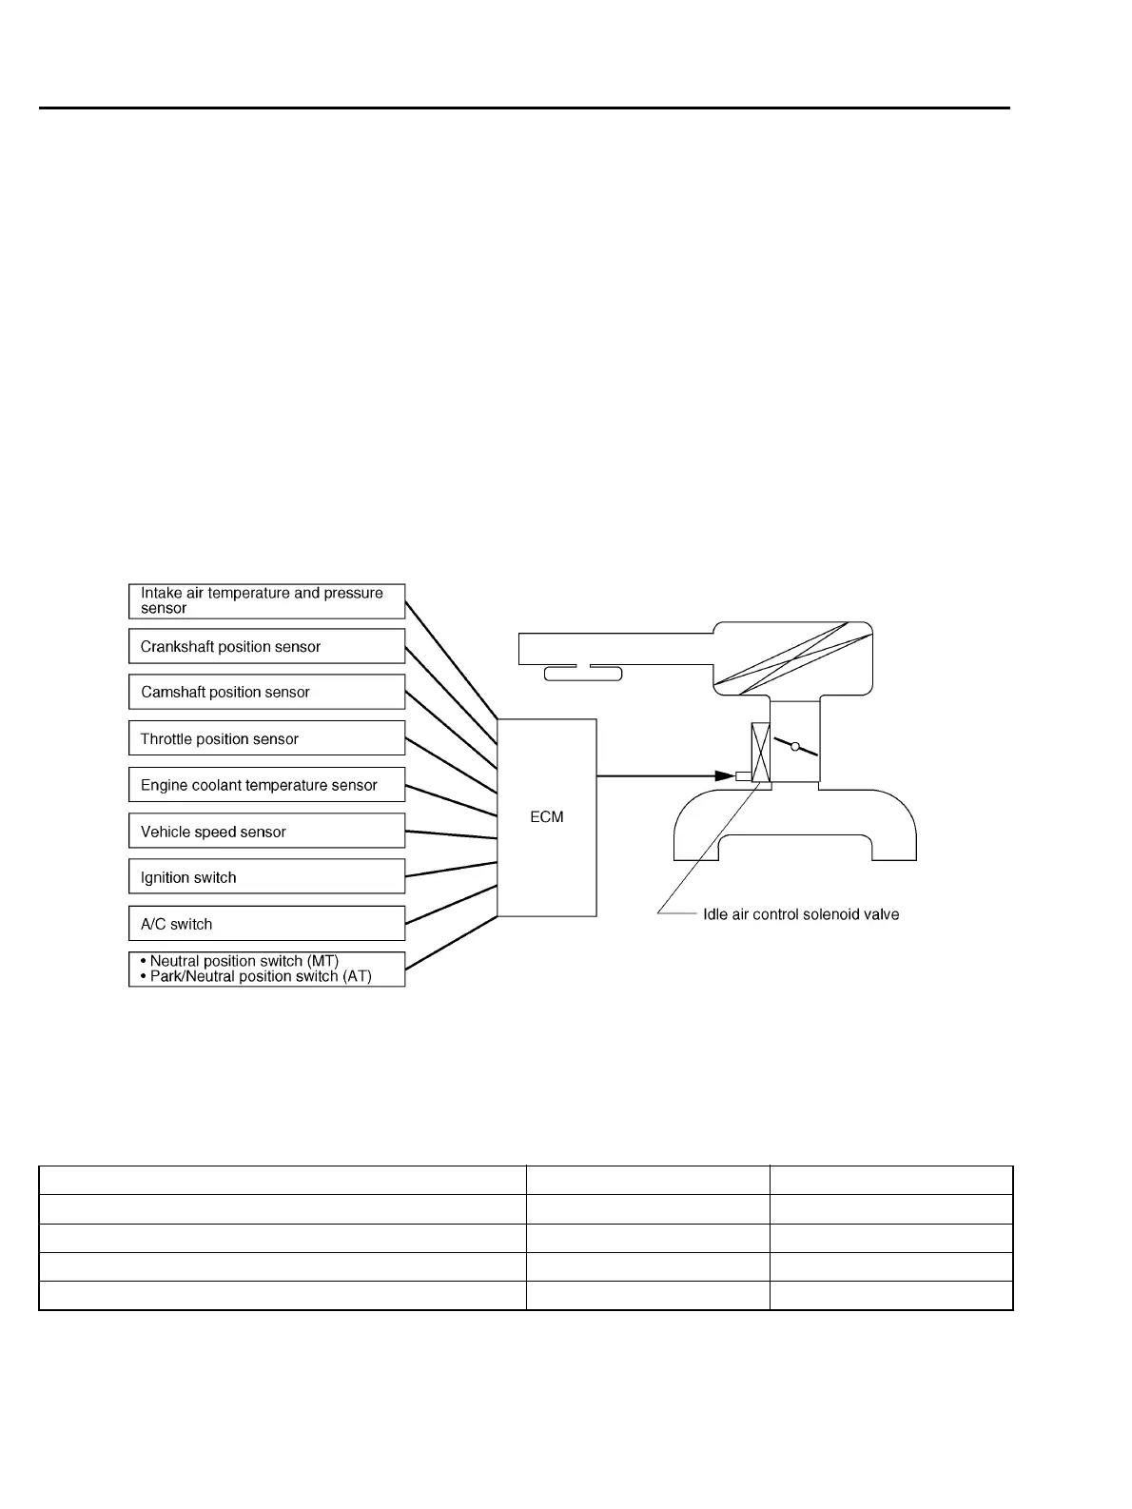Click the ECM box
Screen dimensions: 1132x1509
[547, 817]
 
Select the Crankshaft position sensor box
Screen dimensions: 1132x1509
[266, 646]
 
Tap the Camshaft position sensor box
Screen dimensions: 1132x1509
[266, 692]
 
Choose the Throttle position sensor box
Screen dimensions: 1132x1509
[266, 738]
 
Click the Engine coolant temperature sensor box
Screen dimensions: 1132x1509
[266, 785]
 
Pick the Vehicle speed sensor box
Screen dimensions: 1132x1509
[266, 831]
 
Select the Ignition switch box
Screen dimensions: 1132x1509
[266, 877]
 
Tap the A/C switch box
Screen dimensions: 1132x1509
[266, 923]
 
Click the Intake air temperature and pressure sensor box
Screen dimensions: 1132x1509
[266, 600]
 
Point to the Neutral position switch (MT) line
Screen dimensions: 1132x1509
[244, 961]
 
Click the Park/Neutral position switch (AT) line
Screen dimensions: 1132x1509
[260, 976]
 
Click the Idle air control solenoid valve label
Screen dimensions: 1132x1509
[800, 914]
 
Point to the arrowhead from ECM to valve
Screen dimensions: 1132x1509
[722, 776]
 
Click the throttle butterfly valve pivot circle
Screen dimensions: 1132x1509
[795, 747]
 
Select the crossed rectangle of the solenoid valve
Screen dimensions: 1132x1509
[760, 753]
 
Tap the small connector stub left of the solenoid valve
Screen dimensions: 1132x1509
[743, 776]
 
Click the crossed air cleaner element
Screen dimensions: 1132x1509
[793, 657]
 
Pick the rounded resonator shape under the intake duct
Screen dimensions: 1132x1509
[582, 674]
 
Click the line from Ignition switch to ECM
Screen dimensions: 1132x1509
[451, 870]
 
